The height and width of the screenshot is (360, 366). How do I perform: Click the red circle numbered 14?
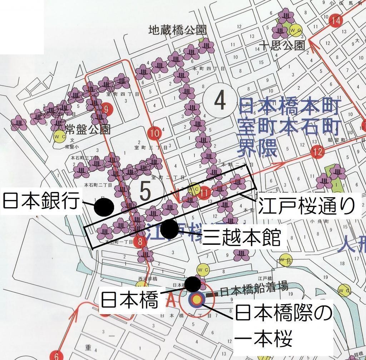click(x=335, y=20)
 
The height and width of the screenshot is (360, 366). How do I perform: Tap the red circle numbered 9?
click(x=105, y=109)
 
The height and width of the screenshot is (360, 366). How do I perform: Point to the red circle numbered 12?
click(x=317, y=152)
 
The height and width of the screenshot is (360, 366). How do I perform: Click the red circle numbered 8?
click(x=140, y=242)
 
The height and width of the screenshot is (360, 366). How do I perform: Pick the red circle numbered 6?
click(x=56, y=355)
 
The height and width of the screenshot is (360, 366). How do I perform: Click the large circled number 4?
click(x=219, y=102)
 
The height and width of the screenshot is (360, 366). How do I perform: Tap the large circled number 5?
click(x=145, y=191)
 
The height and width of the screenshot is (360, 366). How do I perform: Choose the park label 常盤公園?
click(x=87, y=129)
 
